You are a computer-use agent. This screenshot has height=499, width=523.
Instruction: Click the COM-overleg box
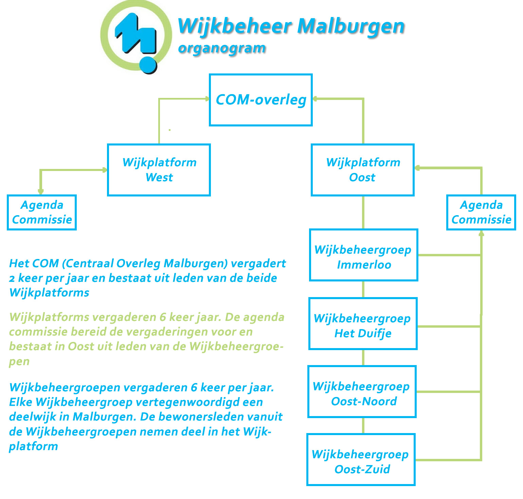coord(261,100)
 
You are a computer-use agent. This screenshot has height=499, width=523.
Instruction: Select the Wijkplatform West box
coord(159,170)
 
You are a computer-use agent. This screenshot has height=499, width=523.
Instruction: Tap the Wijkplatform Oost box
coord(363,170)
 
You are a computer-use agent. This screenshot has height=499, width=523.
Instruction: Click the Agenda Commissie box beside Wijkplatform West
coord(42,212)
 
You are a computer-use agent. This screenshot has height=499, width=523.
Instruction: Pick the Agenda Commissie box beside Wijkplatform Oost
coord(481,212)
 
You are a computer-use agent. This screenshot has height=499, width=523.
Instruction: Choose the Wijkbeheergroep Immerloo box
coord(363,255)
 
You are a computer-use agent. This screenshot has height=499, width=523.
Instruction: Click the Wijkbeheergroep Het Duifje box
coord(363,324)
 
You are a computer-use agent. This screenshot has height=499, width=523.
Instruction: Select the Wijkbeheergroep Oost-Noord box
coord(362,392)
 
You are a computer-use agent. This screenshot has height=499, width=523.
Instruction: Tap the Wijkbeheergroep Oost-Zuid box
coord(361,460)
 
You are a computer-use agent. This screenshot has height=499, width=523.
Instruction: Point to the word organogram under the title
coord(222,48)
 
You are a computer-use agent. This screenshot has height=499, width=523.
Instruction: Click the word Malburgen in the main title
coord(351,26)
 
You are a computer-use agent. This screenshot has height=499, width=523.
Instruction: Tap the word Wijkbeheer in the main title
coord(235,26)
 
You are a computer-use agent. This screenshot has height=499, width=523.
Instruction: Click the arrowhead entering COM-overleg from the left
coord(207,99)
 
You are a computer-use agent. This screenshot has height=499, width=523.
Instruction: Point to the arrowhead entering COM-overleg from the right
coord(315,99)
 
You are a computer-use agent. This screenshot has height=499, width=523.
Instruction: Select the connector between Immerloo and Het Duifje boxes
coord(363,289)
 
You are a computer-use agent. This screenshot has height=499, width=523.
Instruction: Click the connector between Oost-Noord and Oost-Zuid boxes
coord(363,426)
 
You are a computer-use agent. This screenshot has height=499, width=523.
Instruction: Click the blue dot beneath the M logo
coord(148,65)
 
